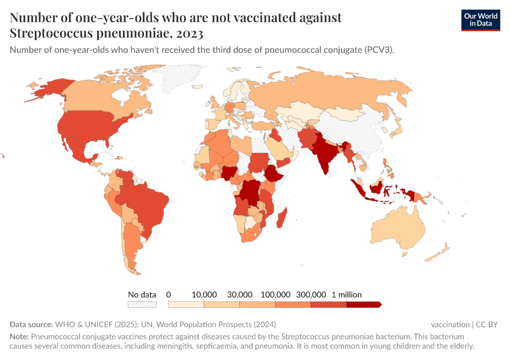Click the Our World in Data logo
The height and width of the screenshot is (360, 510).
[x=480, y=20]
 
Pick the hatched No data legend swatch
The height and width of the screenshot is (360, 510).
[x=142, y=304]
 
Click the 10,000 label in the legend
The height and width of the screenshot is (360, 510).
[x=204, y=295]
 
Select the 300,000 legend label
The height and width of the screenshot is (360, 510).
[x=311, y=295]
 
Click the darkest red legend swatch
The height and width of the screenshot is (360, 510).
[x=364, y=304]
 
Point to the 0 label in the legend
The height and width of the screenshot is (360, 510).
[x=169, y=295]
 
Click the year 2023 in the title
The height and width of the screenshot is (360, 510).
[x=186, y=33]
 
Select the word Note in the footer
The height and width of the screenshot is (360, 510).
[x=19, y=337]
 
